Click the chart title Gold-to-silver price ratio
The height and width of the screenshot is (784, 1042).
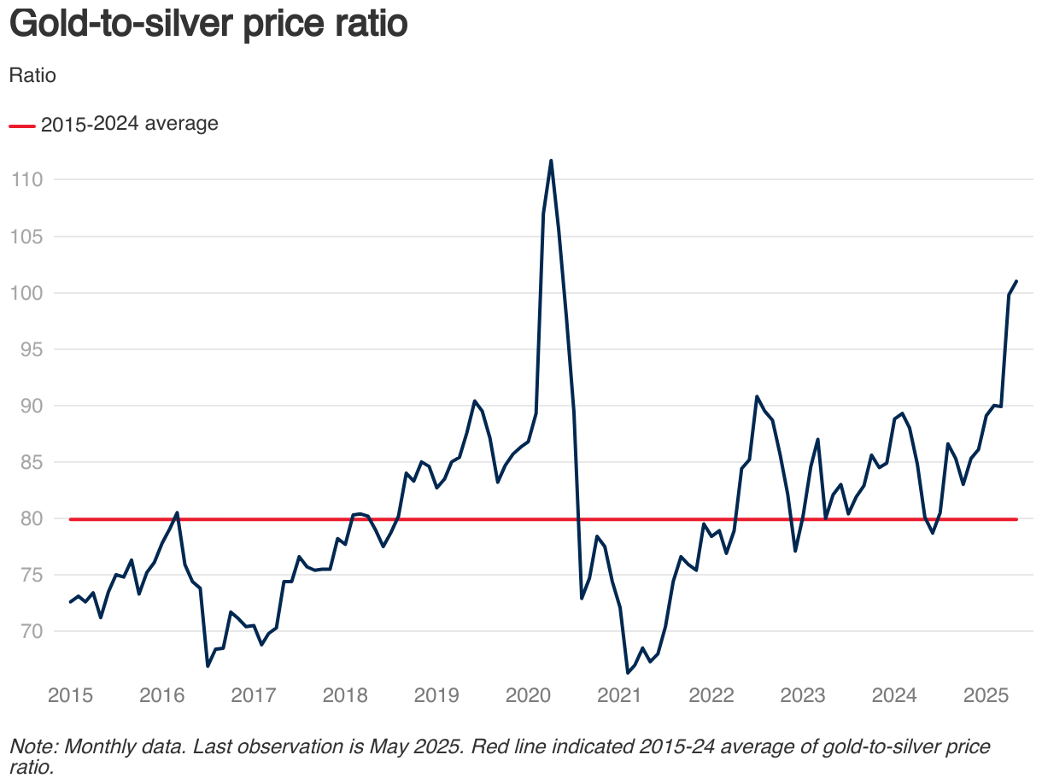[208, 25]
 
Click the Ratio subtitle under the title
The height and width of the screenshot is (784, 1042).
[32, 75]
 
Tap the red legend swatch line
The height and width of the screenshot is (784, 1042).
[21, 126]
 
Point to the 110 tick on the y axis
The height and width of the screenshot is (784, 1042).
[26, 180]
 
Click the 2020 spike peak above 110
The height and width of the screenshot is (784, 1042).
[551, 161]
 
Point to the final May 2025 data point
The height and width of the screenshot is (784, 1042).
[1016, 281]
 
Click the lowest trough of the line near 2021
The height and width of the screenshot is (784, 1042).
[628, 673]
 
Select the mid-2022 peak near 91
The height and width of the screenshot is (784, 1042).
[757, 396]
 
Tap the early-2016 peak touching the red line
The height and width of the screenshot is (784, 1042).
[177, 512]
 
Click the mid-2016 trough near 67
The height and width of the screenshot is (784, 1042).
[208, 665]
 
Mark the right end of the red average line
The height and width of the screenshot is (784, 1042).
[1016, 519]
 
